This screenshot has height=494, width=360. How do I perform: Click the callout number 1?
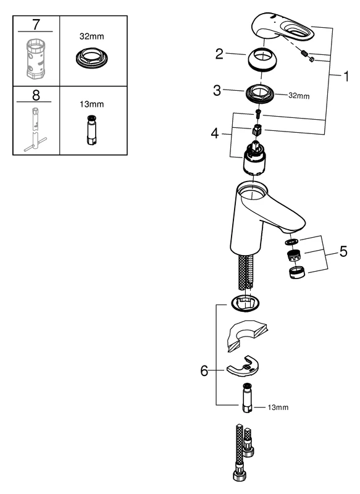point(346,77)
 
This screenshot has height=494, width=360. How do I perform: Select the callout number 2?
point(219,54)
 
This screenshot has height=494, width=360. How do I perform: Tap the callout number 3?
point(216,91)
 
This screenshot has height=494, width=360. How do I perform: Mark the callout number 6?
point(204,371)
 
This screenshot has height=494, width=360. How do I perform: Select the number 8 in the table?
point(36,96)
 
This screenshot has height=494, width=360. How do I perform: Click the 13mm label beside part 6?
point(277,408)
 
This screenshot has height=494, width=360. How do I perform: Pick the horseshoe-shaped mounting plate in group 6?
point(245,369)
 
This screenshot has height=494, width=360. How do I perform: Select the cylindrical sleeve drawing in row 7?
point(36,59)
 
